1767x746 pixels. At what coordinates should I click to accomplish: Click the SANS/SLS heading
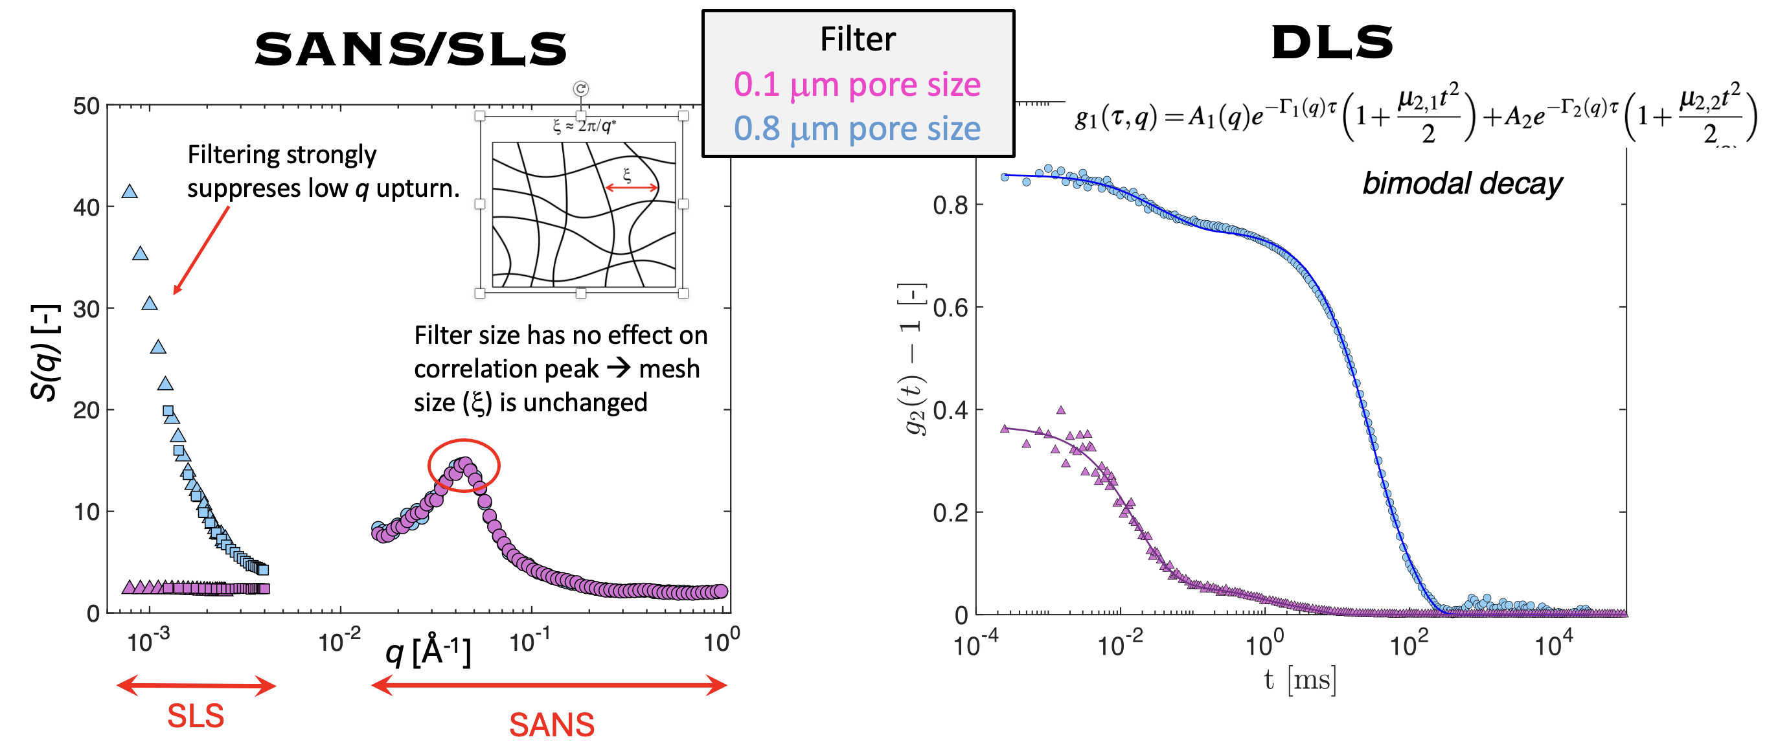tap(410, 49)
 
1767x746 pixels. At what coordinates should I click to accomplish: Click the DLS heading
tap(1332, 43)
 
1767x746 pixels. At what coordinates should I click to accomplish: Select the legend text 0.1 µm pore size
tap(857, 85)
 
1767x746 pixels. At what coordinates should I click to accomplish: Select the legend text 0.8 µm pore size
tap(857, 129)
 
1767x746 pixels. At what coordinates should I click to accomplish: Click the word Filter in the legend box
tap(858, 39)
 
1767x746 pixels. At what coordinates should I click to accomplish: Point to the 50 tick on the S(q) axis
tap(86, 106)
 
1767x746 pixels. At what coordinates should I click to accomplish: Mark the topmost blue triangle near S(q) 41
tap(130, 192)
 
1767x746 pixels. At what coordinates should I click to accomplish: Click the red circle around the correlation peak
tap(464, 465)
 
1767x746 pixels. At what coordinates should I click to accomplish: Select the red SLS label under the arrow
tap(196, 716)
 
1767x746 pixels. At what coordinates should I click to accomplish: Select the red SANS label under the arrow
tap(551, 725)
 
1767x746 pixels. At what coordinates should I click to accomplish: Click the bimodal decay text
tap(1462, 184)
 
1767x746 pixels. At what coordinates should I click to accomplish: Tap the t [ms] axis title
tap(1300, 680)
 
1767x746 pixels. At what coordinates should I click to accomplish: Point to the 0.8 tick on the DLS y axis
tap(950, 205)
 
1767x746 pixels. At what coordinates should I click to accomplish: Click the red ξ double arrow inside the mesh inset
tap(631, 187)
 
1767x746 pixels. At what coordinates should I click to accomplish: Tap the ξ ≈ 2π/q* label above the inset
tap(584, 126)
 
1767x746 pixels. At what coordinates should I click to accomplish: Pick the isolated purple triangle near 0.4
tap(1060, 410)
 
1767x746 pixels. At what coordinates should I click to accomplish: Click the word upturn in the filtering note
tap(417, 188)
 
